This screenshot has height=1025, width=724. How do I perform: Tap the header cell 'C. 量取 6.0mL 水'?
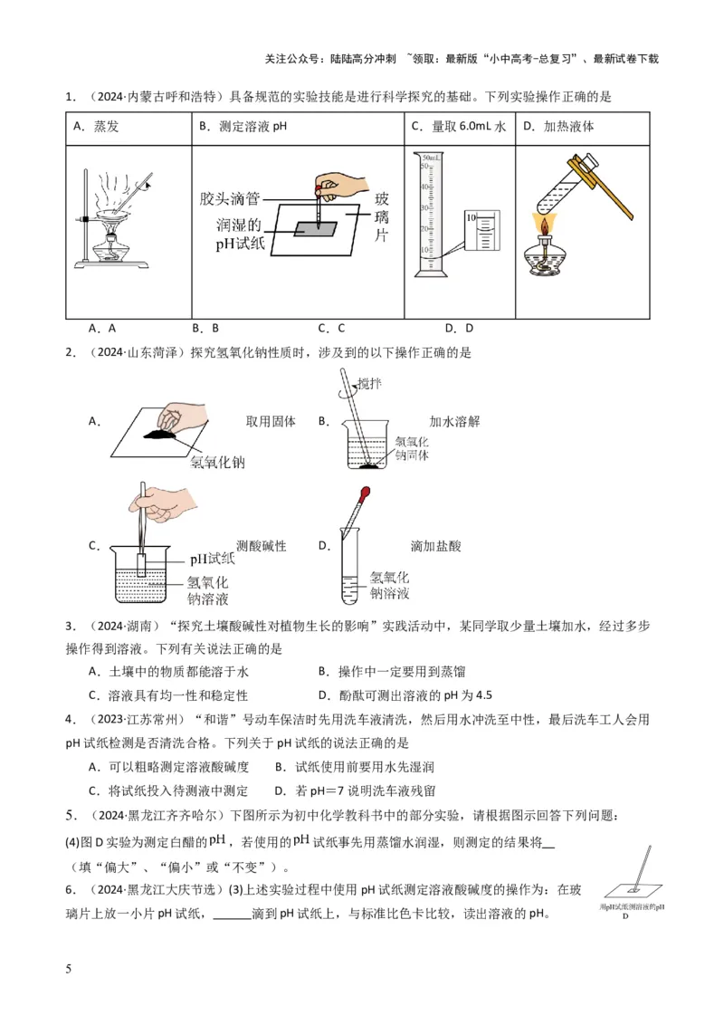tap(458, 128)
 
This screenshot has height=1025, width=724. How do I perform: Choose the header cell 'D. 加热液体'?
tap(558, 128)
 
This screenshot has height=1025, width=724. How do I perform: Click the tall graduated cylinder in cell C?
tap(426, 216)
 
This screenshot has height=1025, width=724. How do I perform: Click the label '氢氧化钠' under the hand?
tap(218, 463)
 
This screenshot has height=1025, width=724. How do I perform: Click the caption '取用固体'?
tap(271, 421)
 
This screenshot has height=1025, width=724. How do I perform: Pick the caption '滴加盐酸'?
tap(435, 546)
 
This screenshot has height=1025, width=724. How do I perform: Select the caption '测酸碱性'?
tap(262, 546)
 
